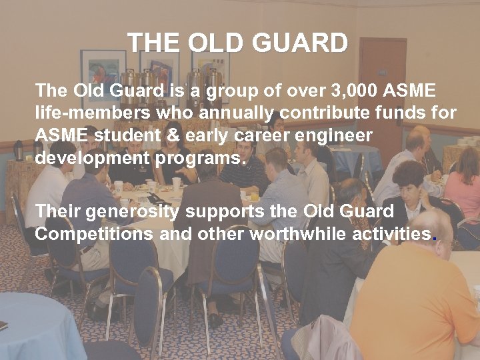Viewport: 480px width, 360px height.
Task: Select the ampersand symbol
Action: (172, 135)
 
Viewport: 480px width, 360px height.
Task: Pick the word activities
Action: (396, 235)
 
